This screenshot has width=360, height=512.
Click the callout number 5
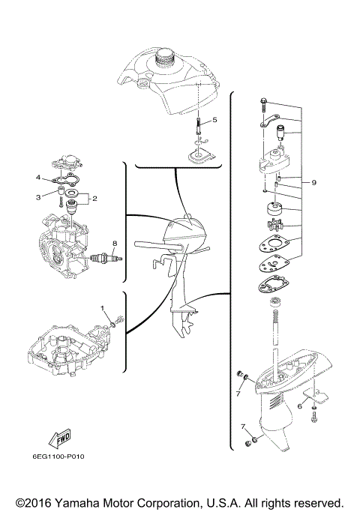[x=214, y=120]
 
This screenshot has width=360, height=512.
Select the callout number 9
[x=314, y=181]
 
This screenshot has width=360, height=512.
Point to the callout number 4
[x=37, y=178]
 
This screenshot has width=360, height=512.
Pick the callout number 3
[x=37, y=196]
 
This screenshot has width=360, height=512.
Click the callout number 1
[x=103, y=309]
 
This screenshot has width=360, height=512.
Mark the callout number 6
[x=299, y=406]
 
